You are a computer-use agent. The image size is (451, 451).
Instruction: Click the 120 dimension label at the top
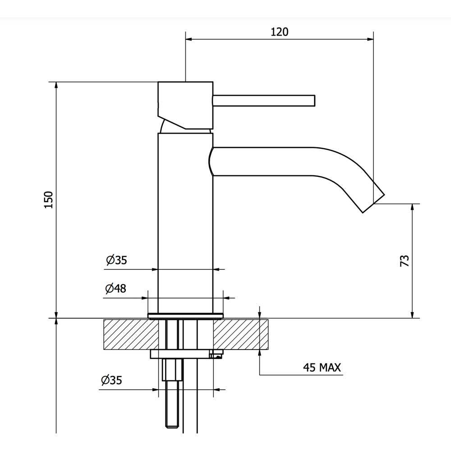click(x=279, y=32)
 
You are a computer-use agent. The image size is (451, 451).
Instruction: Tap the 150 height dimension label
click(x=49, y=200)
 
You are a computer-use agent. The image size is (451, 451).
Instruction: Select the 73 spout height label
click(x=405, y=261)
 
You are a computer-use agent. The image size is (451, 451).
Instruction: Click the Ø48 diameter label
click(x=115, y=288)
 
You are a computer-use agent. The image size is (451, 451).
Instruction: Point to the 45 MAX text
click(x=322, y=367)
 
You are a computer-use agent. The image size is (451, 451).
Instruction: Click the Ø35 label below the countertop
click(x=111, y=380)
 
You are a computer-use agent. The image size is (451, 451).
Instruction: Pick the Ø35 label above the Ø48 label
click(x=116, y=260)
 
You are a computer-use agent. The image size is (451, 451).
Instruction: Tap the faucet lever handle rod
click(x=264, y=101)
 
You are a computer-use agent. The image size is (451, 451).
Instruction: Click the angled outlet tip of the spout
click(x=373, y=202)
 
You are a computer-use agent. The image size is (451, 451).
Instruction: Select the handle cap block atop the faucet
click(x=185, y=105)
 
